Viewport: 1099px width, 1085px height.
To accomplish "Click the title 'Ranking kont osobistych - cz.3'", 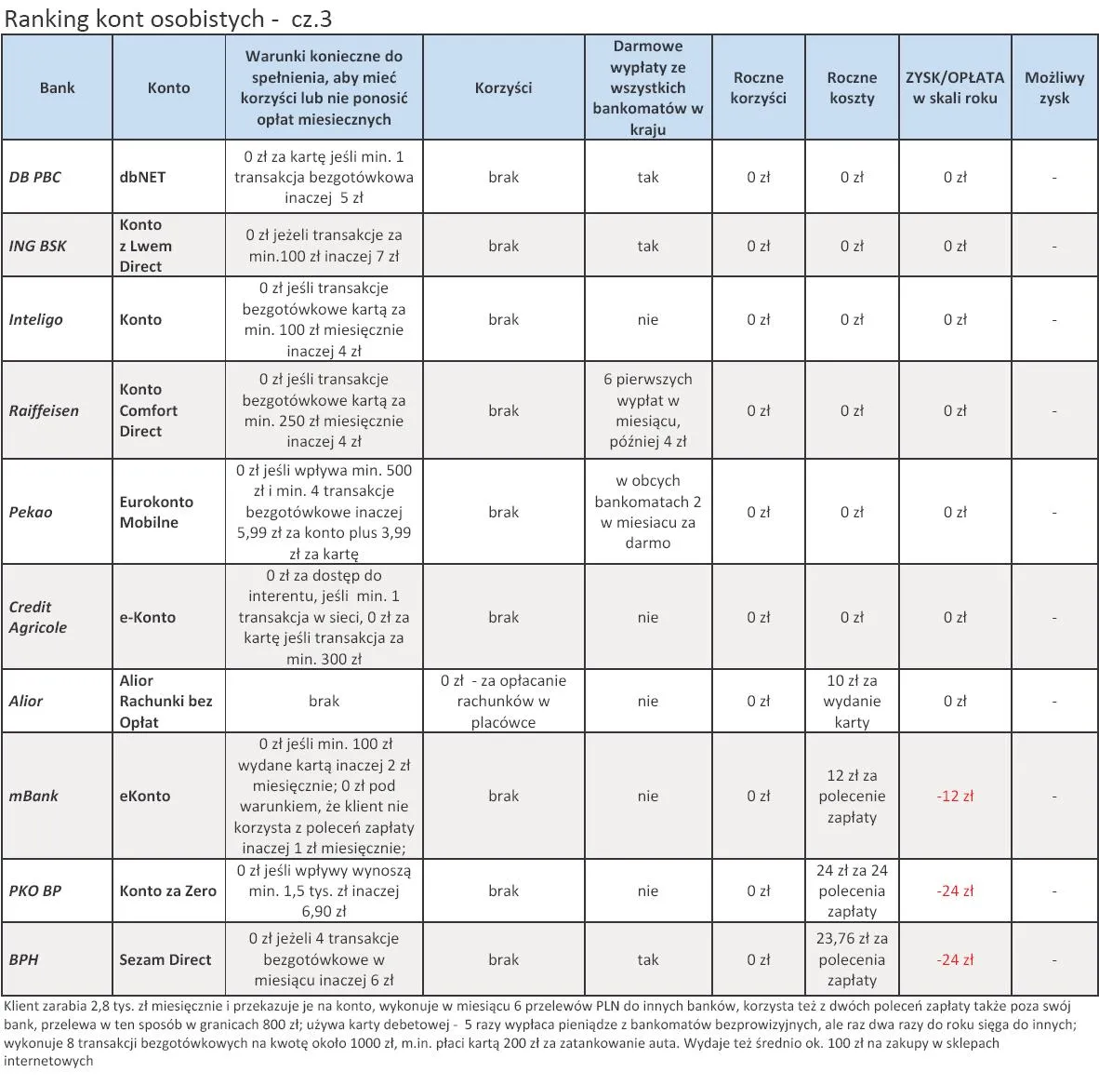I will pos(168,19).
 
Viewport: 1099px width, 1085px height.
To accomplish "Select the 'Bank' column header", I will pos(57,87).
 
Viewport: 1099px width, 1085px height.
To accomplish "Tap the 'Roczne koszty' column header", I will pos(852,87).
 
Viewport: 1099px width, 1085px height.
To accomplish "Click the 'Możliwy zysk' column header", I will pos(1054,87).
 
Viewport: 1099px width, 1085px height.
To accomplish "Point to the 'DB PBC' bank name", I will pos(35,177).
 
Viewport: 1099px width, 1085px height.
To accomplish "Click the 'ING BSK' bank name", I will pos(38,246).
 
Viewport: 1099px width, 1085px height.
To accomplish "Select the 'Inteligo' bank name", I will pos(36,319).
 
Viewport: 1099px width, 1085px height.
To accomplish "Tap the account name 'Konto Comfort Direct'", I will pos(148,410).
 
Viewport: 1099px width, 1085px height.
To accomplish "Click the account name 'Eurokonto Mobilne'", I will pos(156,512).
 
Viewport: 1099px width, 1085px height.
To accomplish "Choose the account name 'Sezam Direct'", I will pos(166,959).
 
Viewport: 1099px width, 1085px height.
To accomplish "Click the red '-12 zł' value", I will pos(955,796).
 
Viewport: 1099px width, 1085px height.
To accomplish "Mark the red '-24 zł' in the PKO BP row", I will pos(955,891).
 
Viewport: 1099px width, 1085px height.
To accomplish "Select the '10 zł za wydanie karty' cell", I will pos(852,702).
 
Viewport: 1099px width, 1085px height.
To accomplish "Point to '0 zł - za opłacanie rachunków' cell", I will pos(503,702).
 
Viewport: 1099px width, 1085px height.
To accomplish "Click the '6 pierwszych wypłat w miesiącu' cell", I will pos(648,410).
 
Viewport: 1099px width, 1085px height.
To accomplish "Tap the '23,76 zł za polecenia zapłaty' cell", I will pos(852,959).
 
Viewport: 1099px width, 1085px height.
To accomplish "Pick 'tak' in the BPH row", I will pos(648,959).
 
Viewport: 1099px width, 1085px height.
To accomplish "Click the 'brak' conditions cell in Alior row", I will pos(324,702).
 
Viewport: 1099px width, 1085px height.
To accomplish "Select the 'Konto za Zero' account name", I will pos(168,891).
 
